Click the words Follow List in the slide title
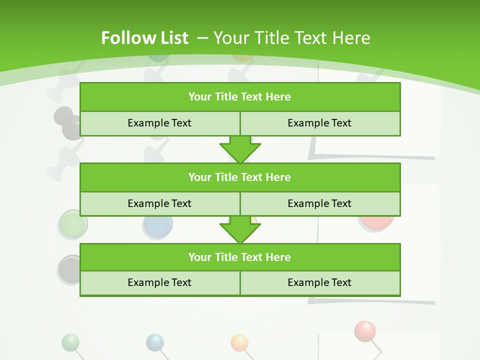tap(144, 38)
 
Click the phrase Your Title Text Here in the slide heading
tap(291, 38)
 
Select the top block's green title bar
tap(240, 97)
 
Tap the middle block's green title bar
tap(240, 177)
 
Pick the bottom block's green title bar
tap(240, 257)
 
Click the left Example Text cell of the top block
tap(159, 123)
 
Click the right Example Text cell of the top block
tap(320, 123)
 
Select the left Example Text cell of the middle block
tap(159, 204)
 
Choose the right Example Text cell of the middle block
tap(320, 204)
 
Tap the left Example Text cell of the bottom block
tap(159, 283)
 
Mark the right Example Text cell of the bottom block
tap(320, 283)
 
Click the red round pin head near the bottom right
tap(365, 330)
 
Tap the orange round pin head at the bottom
tap(239, 342)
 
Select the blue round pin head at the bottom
tap(155, 342)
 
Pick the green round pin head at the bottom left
tap(70, 342)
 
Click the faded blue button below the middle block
tap(157, 226)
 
